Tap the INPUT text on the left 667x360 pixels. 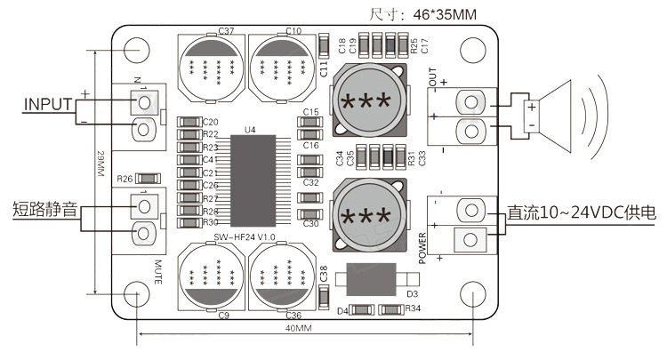pyautogui.click(x=47, y=104)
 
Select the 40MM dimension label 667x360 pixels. pyautogui.click(x=298, y=328)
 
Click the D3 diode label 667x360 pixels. pyautogui.click(x=412, y=293)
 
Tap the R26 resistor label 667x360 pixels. pyautogui.click(x=125, y=178)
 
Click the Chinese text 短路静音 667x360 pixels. pyautogui.click(x=44, y=211)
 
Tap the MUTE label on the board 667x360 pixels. pyautogui.click(x=157, y=271)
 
